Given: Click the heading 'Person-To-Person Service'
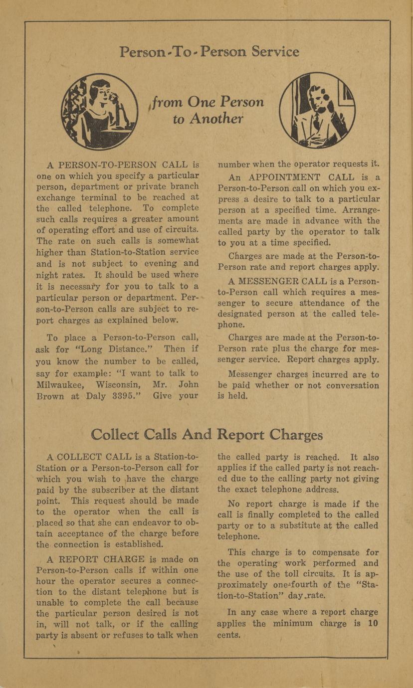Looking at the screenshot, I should (209, 52).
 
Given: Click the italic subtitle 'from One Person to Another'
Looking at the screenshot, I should (208, 110).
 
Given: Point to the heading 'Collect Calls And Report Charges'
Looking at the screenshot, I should (206, 435).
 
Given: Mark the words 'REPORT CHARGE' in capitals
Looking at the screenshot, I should (94, 559).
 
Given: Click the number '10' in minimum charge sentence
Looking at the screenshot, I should (373, 623).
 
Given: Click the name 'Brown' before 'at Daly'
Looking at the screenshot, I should (50, 396).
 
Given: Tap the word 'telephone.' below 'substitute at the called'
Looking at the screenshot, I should (239, 537).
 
